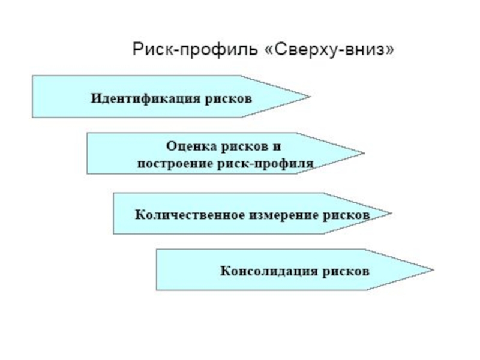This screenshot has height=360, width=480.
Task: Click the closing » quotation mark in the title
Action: point(391,50)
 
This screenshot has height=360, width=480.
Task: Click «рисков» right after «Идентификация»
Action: point(227,97)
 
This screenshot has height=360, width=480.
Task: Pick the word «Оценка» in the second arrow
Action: point(185,146)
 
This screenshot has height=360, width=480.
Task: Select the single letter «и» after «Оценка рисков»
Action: point(277,146)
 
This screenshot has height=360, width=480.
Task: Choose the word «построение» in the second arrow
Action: point(170,163)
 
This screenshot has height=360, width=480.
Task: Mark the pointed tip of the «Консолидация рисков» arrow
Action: point(431,269)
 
